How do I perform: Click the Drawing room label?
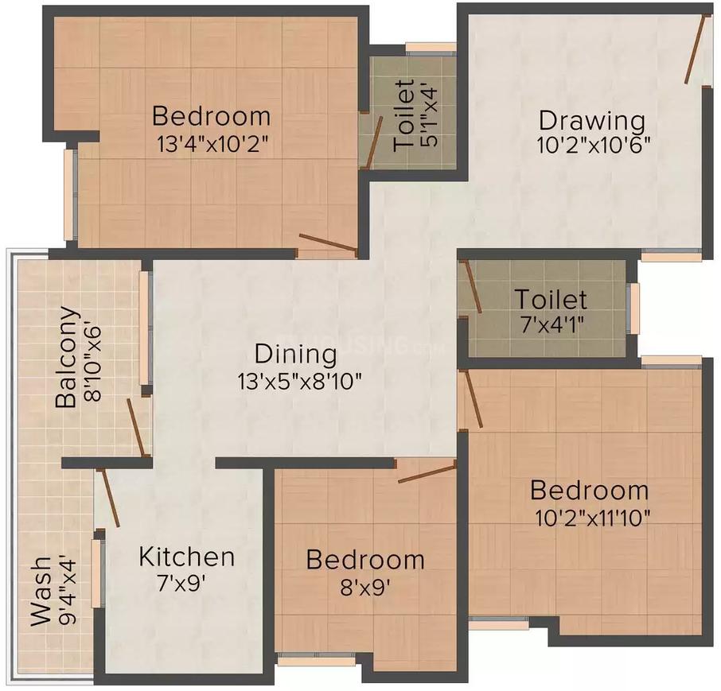click(x=591, y=122)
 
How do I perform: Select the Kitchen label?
click(x=186, y=556)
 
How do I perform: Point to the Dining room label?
click(x=296, y=353)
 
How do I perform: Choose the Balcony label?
click(x=68, y=358)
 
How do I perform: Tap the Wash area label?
click(x=40, y=591)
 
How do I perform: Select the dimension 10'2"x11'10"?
click(x=593, y=518)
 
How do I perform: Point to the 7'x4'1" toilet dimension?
click(x=551, y=326)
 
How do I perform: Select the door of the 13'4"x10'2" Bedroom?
click(x=327, y=243)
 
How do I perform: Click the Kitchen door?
click(x=108, y=498)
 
